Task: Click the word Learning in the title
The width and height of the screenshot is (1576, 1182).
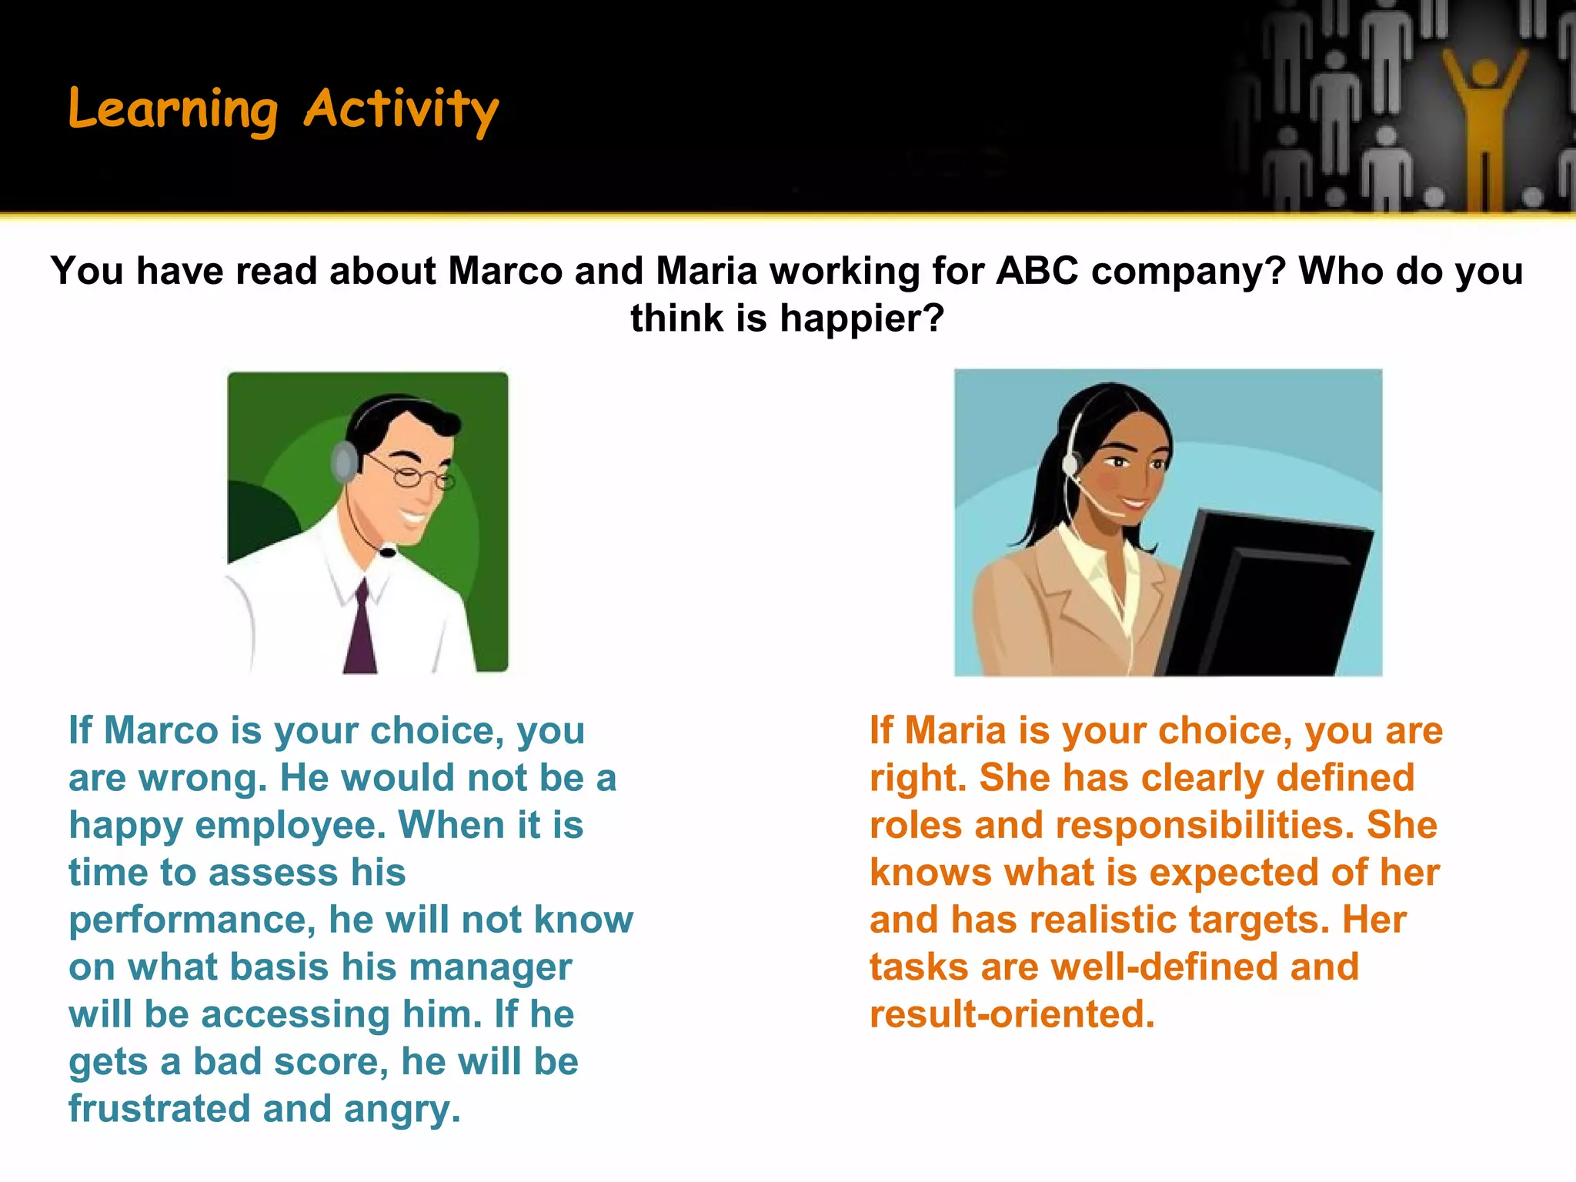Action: coord(172,109)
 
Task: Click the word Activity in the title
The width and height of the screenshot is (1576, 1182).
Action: coord(401,109)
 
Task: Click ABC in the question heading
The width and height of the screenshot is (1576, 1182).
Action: coord(1037,271)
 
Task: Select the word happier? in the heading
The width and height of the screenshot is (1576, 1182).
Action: coord(862,318)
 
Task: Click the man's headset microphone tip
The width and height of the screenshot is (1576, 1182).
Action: coord(388,551)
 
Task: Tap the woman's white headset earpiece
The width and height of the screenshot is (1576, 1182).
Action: coord(1070,465)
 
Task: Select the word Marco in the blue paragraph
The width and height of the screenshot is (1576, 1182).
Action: coord(161,730)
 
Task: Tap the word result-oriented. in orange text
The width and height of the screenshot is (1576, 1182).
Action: coord(1012,1014)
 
